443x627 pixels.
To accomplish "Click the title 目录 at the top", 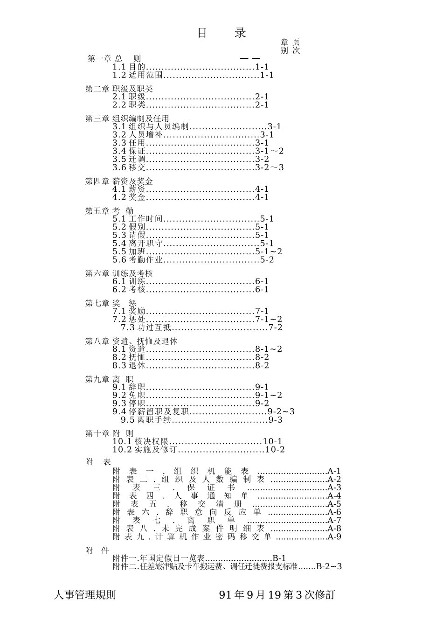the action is [x=221, y=33].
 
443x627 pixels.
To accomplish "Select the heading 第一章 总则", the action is [x=114, y=59].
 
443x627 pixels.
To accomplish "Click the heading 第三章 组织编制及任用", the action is [x=127, y=119].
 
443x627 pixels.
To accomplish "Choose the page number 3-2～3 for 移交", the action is [x=269, y=167].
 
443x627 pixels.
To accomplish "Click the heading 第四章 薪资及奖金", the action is [x=119, y=181].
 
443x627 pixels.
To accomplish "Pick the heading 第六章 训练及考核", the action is [x=119, y=274].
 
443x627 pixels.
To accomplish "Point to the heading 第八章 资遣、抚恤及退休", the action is [x=131, y=341].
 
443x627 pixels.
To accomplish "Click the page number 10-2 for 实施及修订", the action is [x=275, y=450].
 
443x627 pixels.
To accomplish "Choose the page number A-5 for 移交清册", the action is [x=334, y=504].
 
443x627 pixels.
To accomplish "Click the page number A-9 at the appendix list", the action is [x=334, y=536].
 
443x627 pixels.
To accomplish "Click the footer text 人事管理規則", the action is [x=85, y=595].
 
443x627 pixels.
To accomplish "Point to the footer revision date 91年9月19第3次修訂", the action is [x=277, y=595].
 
